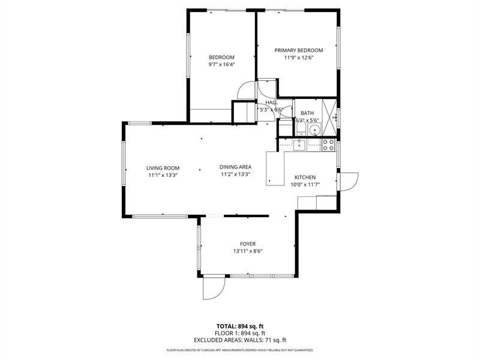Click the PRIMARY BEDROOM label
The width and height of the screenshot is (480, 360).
point(298,50)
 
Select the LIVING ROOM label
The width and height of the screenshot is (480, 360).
point(163,168)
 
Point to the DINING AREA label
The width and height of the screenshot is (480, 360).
point(235,167)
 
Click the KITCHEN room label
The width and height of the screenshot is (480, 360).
point(305,178)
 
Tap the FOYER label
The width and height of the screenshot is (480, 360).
point(248,244)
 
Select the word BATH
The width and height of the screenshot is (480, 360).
point(307,113)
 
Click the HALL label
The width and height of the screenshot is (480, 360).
point(271,103)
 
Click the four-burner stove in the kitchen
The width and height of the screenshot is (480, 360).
point(328,145)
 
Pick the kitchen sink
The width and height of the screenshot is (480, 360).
point(299,144)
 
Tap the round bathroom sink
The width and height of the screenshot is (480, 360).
point(313,129)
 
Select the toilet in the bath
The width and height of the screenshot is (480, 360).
point(285,128)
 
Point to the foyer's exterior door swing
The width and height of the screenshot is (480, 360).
point(213,287)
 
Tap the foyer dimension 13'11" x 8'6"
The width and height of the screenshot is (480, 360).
point(248,251)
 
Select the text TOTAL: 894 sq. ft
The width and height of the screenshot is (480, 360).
point(240,326)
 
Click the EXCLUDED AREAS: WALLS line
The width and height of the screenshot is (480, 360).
point(240,340)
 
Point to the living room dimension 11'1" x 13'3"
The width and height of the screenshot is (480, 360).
point(163,175)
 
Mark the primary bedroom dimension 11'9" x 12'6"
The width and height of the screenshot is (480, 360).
point(298,58)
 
